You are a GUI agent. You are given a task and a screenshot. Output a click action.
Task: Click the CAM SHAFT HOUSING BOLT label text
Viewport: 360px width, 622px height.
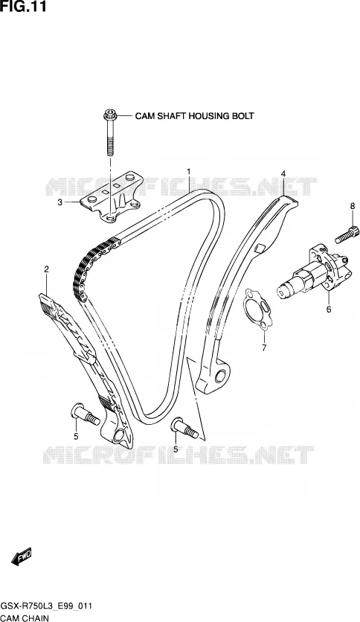point(194,116)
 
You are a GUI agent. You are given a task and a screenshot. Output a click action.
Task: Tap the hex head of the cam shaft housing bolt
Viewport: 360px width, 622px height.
point(109,115)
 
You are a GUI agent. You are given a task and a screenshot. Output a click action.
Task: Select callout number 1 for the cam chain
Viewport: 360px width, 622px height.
point(189,171)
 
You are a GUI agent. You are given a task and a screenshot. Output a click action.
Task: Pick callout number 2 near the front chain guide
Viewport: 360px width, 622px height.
point(46,269)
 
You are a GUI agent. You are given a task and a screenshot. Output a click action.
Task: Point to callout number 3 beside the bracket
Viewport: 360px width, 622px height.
point(60,202)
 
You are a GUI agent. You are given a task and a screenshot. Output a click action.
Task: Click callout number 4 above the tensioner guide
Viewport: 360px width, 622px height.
point(283,173)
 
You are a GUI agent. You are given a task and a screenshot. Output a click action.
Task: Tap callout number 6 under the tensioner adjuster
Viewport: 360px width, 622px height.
point(329,310)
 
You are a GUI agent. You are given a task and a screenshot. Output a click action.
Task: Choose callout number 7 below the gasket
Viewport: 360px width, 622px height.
point(264,348)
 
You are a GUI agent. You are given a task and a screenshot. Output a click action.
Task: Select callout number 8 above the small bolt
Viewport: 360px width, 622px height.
point(352,205)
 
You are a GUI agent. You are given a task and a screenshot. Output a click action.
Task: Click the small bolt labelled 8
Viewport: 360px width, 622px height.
point(347,234)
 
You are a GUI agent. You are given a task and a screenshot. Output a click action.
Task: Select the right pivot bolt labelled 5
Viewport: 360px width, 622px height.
point(184,429)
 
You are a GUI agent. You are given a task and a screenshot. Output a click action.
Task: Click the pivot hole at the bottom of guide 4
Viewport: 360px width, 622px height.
point(220,375)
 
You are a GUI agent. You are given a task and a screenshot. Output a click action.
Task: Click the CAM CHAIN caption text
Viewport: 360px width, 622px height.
point(25,618)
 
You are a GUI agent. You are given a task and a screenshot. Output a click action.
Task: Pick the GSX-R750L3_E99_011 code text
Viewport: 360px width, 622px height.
point(46,606)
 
